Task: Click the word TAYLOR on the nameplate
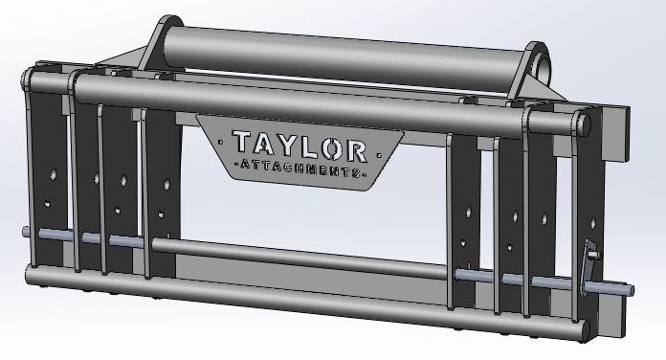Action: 298,146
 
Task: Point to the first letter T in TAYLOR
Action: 239,146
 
